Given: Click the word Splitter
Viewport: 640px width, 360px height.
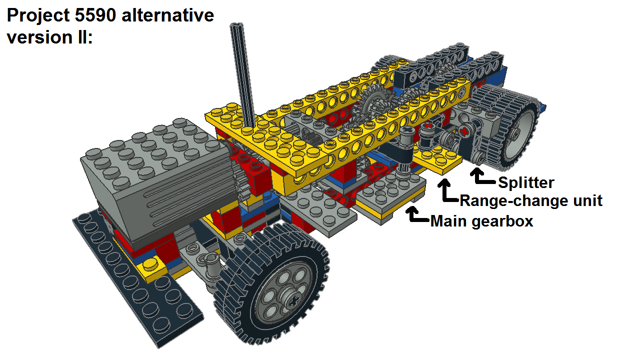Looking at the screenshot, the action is click(x=526, y=183).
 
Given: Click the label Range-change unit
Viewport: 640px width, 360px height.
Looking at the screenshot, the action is click(x=531, y=200).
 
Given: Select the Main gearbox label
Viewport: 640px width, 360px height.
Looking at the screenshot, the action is click(x=481, y=221).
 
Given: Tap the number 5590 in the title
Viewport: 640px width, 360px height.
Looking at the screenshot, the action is click(x=95, y=15).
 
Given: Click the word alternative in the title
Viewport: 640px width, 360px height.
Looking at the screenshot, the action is click(x=167, y=15).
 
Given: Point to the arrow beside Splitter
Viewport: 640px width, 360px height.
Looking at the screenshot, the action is click(x=482, y=176).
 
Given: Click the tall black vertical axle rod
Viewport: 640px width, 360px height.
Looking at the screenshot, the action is click(x=242, y=75).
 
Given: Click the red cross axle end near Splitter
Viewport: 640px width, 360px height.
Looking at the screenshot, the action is click(x=464, y=132).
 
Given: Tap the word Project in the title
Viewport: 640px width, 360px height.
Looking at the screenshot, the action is click(x=38, y=15).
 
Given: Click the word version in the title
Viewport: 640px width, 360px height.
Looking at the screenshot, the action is click(x=39, y=37).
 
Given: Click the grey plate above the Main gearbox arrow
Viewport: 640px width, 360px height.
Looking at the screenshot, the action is click(x=391, y=188).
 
